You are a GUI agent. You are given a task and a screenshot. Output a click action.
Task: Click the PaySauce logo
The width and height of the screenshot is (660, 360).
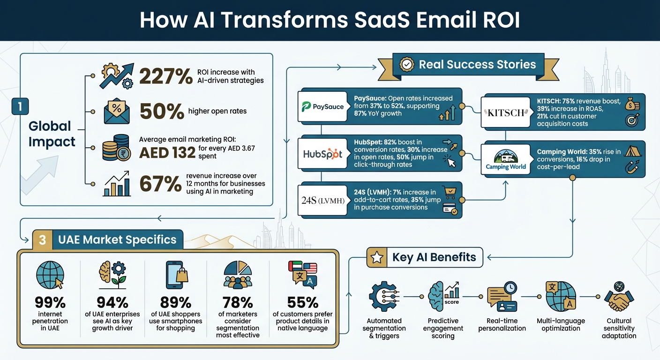pos(323,106)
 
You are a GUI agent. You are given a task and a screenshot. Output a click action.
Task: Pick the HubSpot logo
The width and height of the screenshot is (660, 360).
pos(323,154)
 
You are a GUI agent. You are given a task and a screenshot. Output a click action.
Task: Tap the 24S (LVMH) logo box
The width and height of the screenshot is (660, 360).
pos(323,200)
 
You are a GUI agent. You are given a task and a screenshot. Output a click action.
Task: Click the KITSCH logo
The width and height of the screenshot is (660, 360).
pos(505,112)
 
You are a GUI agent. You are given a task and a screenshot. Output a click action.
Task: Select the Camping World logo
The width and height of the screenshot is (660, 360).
pos(506,159)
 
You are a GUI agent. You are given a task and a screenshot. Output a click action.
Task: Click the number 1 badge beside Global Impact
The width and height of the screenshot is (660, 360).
pos(20,106)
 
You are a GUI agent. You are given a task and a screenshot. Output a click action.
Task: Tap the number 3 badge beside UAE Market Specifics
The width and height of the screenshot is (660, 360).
pos(42,240)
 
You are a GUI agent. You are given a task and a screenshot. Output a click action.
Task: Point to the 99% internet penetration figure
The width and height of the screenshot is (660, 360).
pos(50,302)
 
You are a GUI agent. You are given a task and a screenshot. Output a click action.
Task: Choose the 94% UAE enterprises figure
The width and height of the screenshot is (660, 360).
pos(112,302)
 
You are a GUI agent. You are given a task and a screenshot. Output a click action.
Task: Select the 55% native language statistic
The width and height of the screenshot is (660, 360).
pos(302,302)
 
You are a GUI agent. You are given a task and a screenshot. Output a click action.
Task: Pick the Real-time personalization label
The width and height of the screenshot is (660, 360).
pos(502,324)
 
